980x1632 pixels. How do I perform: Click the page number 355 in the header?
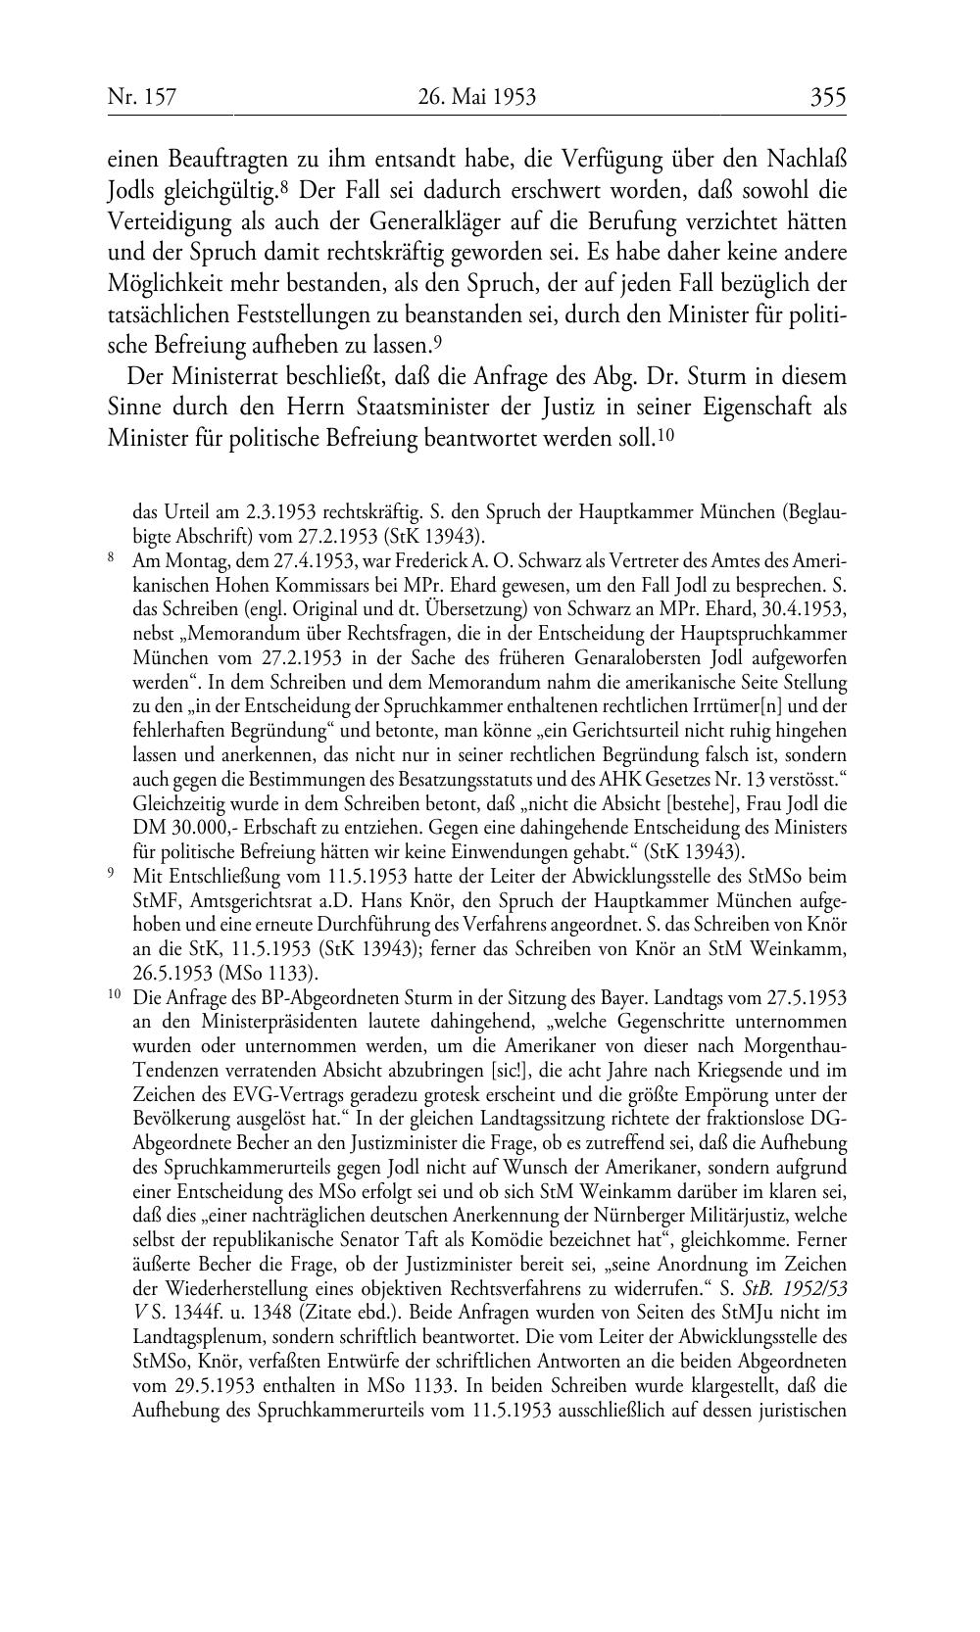[828, 96]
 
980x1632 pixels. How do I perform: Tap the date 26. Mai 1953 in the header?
[477, 96]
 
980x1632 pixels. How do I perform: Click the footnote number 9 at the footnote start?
[111, 874]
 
